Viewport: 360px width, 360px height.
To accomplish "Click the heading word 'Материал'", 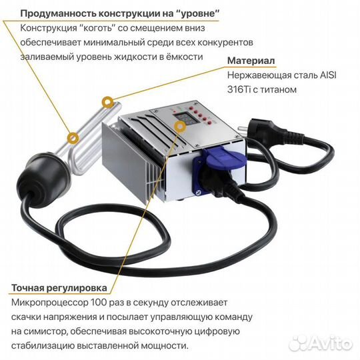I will (x=251, y=61).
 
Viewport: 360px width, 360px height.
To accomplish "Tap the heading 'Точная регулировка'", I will (x=59, y=289).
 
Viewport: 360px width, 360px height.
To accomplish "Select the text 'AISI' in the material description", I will (x=327, y=75).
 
